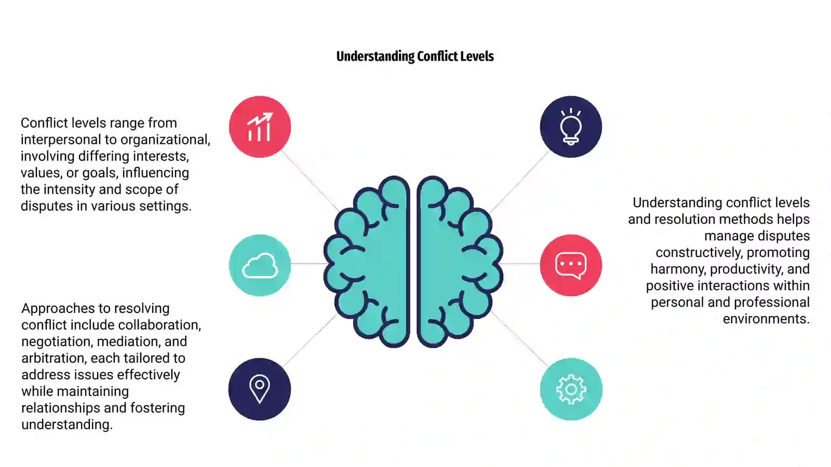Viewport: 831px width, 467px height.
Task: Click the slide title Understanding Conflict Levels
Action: click(x=415, y=57)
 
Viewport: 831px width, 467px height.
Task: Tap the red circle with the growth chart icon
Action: click(x=260, y=127)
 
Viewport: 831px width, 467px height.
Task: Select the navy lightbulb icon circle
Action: click(x=571, y=127)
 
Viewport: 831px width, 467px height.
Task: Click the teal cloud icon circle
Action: click(x=260, y=265)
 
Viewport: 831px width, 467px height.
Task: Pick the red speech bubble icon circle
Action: click(x=571, y=265)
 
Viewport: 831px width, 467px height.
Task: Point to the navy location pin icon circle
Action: click(x=260, y=389)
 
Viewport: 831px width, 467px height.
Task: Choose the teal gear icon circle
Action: click(x=571, y=389)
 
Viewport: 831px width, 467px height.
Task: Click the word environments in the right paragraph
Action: click(x=766, y=319)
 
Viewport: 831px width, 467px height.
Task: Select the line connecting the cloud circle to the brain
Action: click(x=308, y=264)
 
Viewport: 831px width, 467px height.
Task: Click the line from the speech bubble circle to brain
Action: click(x=520, y=264)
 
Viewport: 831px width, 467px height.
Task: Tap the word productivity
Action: click(x=746, y=269)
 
